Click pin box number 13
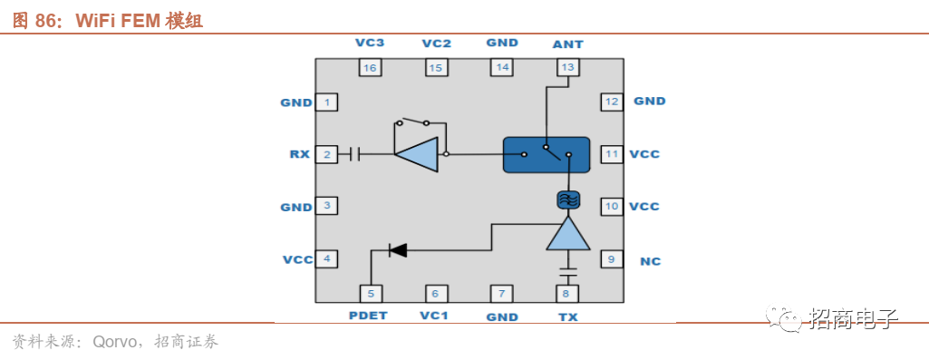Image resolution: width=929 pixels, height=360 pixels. [x=567, y=67]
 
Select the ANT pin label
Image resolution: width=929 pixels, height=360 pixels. [x=567, y=44]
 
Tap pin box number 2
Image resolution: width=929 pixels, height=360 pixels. [x=326, y=155]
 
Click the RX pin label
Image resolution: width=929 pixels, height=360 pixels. [x=300, y=154]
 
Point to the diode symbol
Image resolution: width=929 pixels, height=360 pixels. [x=398, y=250]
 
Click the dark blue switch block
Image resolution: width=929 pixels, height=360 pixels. [x=547, y=155]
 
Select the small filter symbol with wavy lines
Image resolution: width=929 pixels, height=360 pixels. [x=568, y=200]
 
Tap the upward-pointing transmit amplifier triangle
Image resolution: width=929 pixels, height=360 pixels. [x=568, y=233]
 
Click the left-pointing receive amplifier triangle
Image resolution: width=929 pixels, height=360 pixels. [x=417, y=155]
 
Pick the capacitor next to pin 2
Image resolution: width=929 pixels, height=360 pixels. [x=355, y=155]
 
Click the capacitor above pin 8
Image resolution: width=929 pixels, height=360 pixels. [x=568, y=274]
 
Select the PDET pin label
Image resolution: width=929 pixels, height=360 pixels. [x=368, y=316]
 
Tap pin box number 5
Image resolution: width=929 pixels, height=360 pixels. [x=371, y=293]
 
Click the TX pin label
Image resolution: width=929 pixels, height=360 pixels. [x=568, y=316]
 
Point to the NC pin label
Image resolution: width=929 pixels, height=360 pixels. [x=651, y=261]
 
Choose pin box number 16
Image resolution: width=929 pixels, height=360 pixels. [x=371, y=68]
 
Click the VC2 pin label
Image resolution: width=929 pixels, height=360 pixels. [x=436, y=44]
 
